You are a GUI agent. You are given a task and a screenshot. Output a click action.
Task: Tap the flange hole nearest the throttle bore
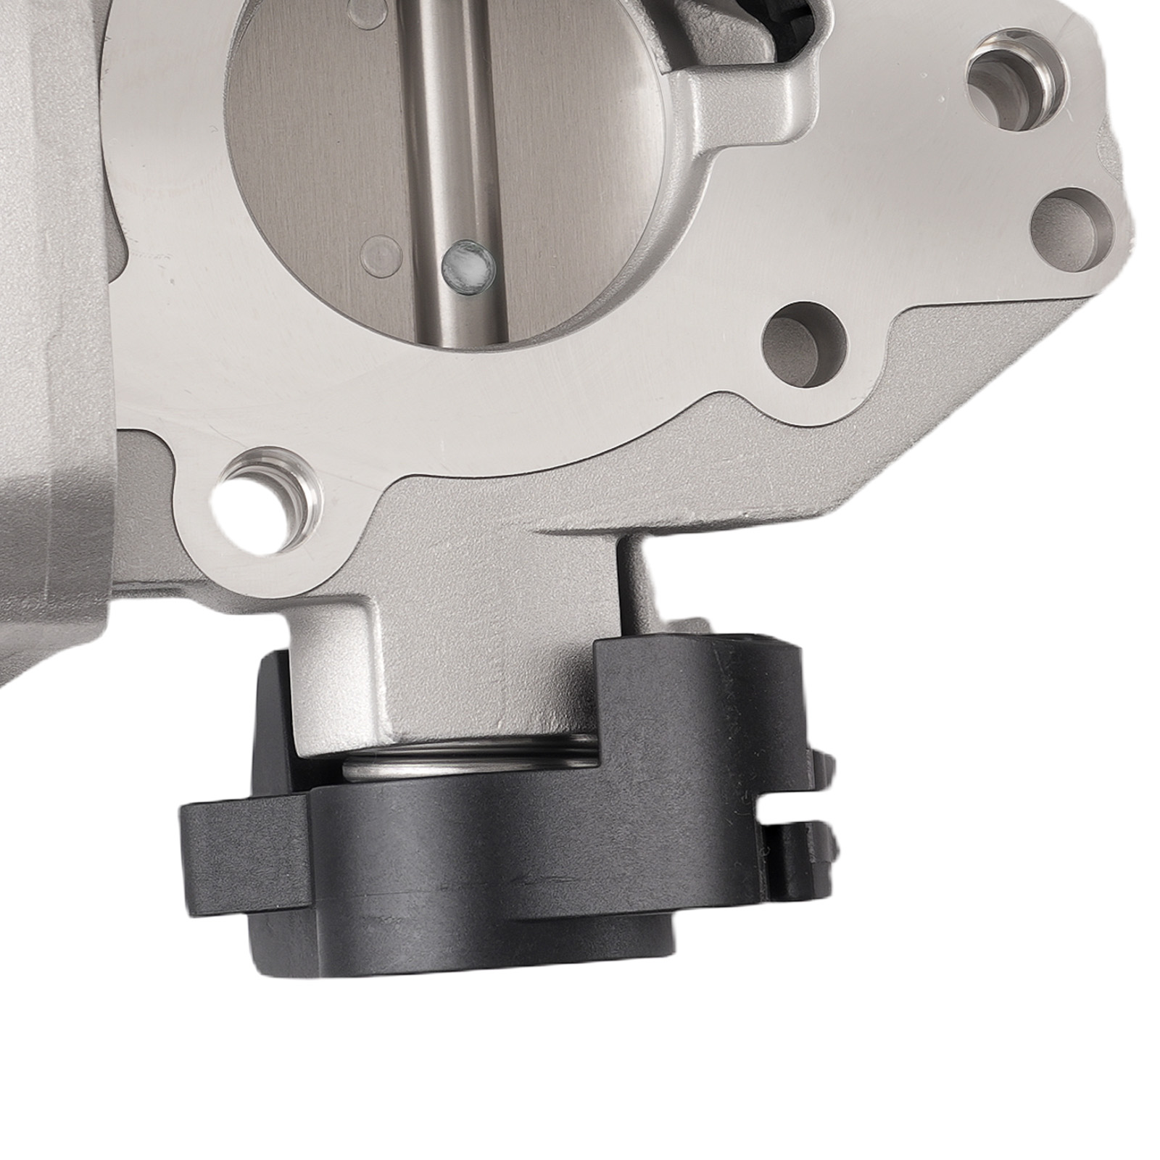[805, 344]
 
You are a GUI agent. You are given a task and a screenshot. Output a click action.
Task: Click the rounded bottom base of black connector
[464, 928]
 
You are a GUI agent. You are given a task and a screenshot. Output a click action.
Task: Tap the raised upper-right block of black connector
[696, 696]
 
